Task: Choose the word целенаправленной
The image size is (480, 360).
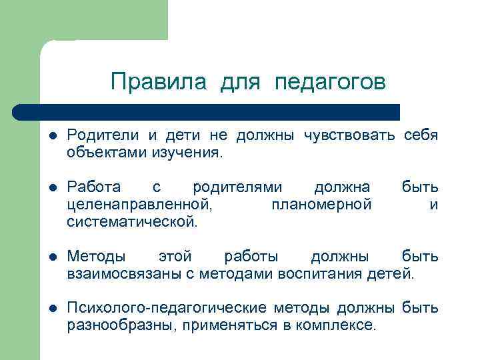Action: click(x=141, y=205)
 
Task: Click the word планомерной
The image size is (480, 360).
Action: click(x=321, y=205)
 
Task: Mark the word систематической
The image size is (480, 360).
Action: click(x=132, y=221)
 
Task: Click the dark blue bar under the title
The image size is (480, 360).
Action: click(x=207, y=111)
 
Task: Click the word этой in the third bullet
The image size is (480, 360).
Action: click(x=175, y=257)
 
